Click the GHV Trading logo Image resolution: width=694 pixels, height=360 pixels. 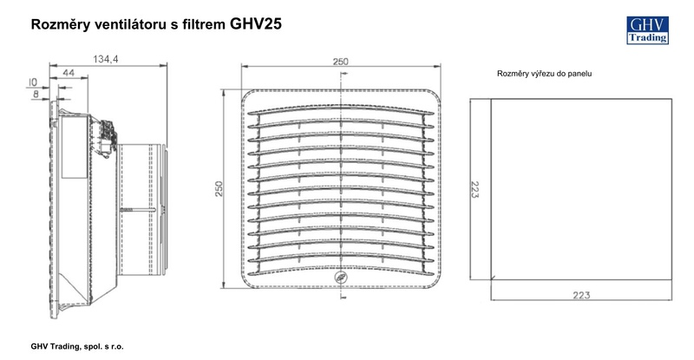tap(647, 30)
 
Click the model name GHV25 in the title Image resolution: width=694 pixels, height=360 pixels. tap(255, 24)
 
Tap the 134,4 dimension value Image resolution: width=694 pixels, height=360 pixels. tap(105, 59)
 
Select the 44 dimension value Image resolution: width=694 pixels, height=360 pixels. tap(69, 73)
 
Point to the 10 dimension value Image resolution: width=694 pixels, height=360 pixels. tap(33, 82)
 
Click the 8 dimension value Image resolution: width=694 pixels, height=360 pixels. tap(36, 94)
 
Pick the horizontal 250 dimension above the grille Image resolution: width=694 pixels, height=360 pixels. tap(340, 62)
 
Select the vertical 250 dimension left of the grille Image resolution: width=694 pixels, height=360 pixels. tap(219, 189)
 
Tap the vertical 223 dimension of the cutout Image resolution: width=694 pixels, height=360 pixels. tap(474, 189)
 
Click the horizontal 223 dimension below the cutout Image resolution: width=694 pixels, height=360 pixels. tap(581, 295)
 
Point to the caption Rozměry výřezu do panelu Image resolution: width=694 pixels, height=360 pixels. tap(545, 74)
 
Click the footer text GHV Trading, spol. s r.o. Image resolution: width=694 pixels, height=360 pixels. tap(77, 346)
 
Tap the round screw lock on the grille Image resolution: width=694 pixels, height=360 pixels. tap(341, 278)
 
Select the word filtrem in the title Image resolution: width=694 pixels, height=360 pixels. tap(204, 25)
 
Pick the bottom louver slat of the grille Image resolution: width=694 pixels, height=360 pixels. tap(341, 271)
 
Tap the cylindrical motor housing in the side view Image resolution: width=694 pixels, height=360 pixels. tap(141, 209)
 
